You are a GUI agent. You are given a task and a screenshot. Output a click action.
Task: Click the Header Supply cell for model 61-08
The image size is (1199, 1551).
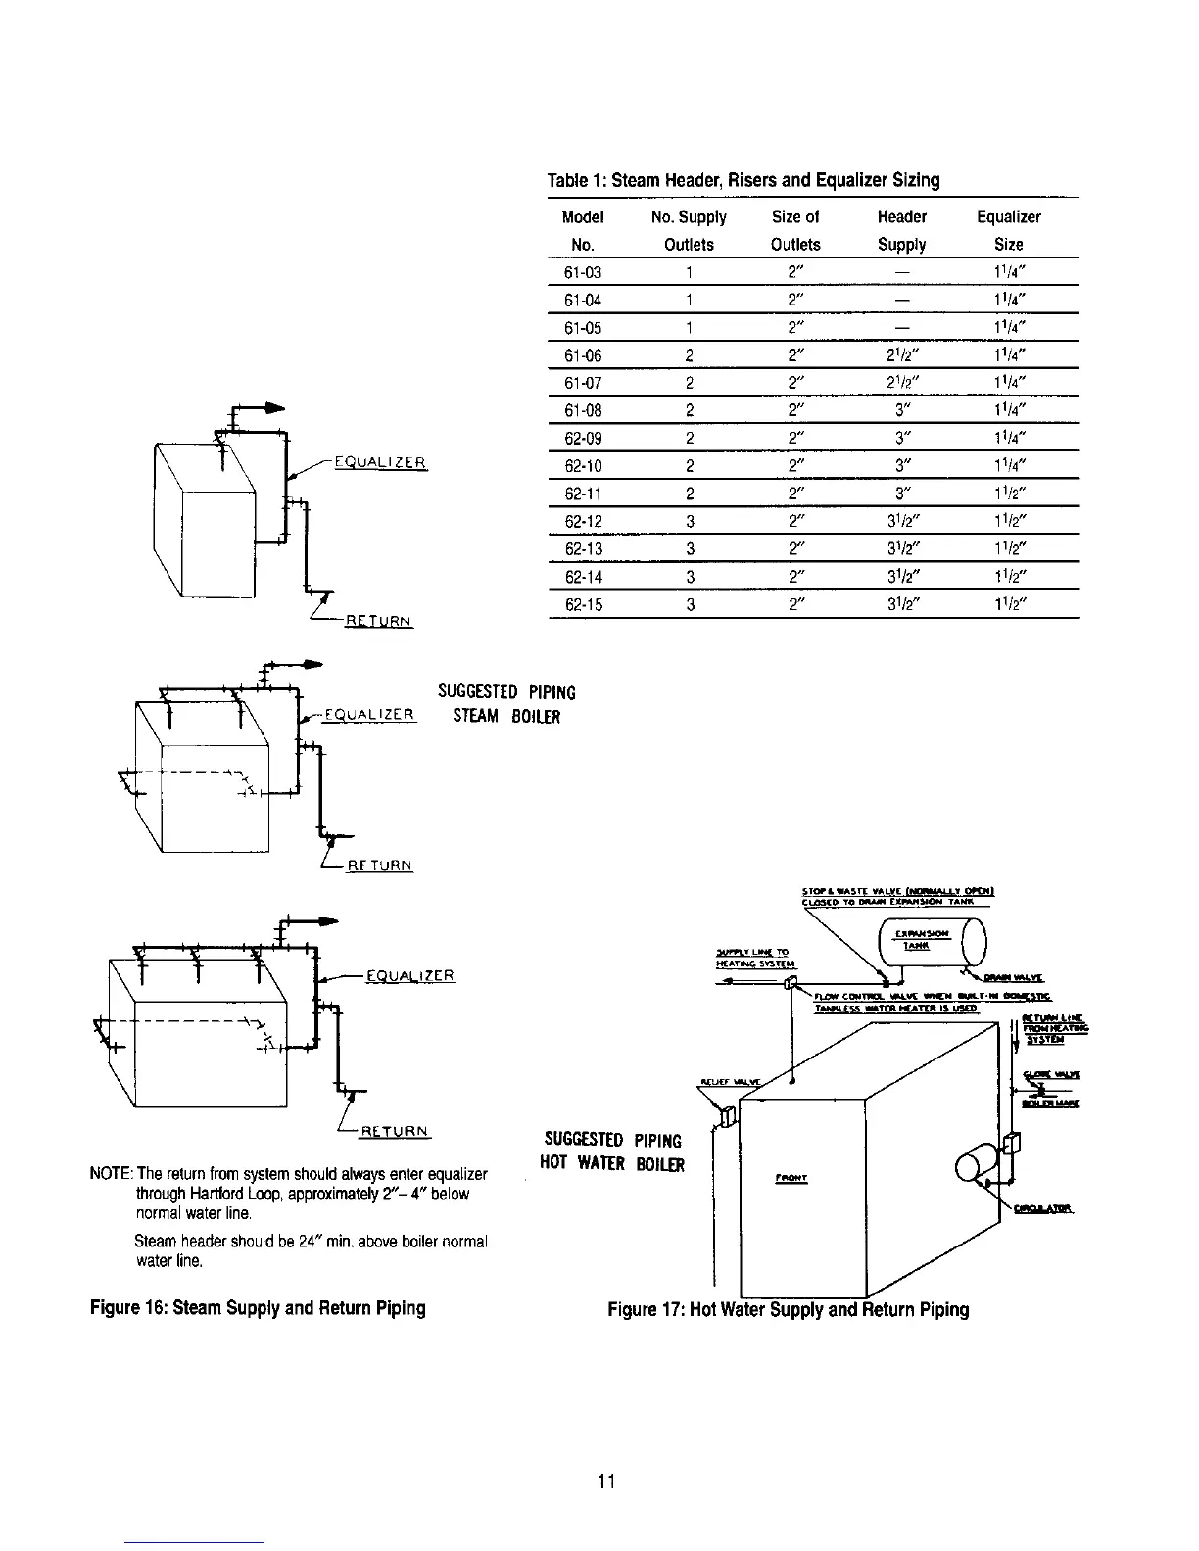(901, 411)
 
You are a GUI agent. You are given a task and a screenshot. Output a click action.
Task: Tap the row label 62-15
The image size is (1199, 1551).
(584, 605)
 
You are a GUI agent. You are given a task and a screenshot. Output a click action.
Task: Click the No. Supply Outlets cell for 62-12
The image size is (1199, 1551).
(690, 522)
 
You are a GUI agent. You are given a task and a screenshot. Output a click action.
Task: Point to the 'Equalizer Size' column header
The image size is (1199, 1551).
(1008, 230)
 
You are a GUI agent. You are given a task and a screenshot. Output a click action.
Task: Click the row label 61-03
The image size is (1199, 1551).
(584, 273)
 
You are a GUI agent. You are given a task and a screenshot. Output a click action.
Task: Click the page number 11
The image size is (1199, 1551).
(605, 1481)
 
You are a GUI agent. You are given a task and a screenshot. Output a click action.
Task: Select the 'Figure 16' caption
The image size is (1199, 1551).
(259, 1309)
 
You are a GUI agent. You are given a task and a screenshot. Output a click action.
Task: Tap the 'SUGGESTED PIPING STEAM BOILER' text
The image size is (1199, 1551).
(506, 704)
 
